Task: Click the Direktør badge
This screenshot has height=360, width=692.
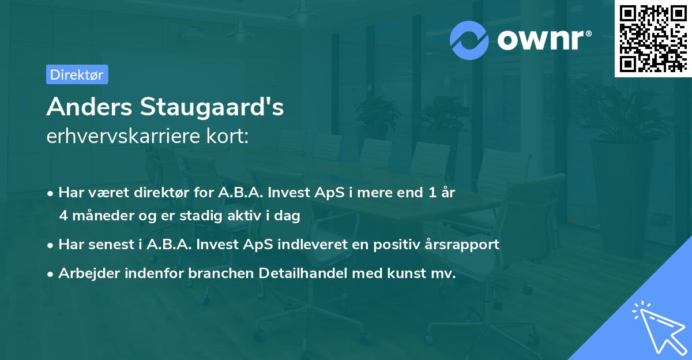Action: (77, 74)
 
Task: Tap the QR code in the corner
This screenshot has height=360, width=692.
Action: (653, 38)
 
